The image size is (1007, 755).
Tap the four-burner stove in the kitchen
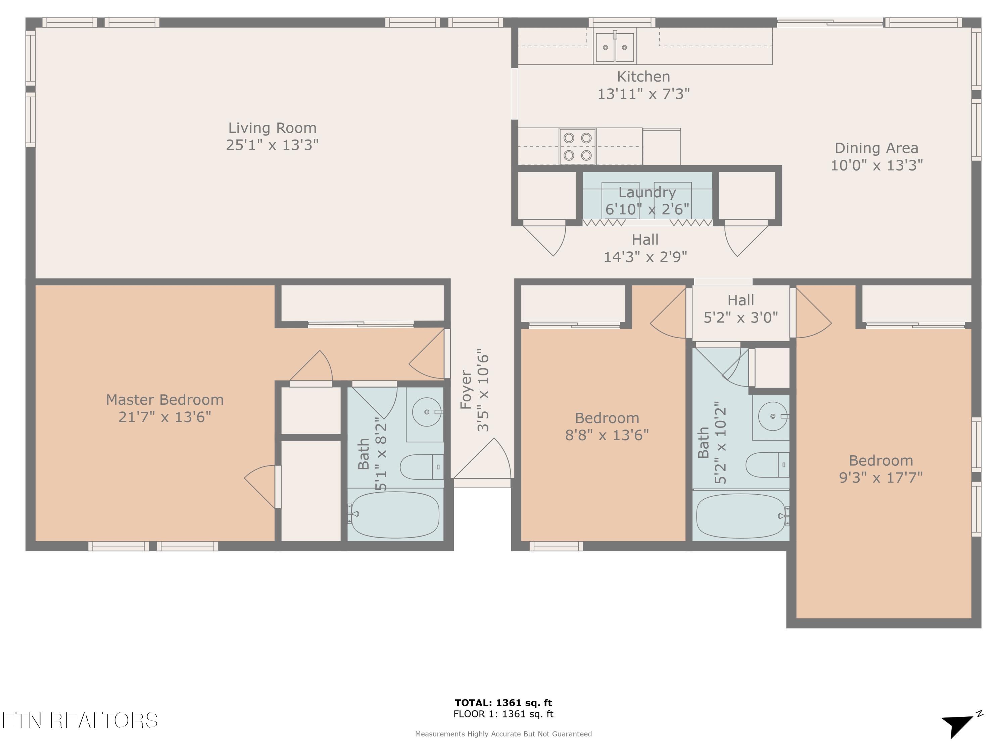577,146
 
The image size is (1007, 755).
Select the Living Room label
272,128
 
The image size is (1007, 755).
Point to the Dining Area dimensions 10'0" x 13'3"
877,165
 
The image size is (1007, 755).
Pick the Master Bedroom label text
165,400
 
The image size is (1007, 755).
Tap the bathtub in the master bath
395,515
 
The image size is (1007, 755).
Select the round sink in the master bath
427,412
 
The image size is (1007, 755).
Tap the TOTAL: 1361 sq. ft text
503,703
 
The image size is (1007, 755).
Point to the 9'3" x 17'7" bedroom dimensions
881,477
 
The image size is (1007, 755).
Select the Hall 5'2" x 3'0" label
741,309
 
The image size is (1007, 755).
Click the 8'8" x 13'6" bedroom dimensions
607,435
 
